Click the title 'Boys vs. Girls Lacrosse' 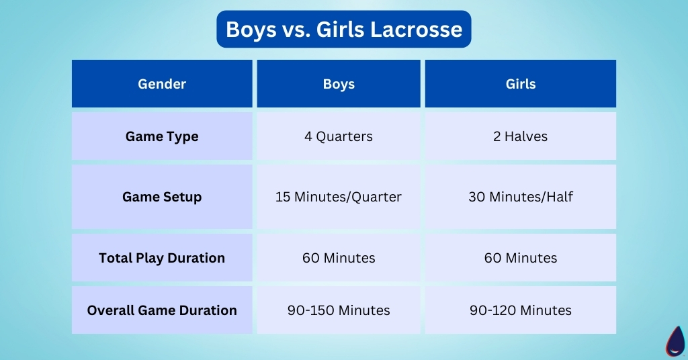[x=343, y=30]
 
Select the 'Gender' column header [x=162, y=84]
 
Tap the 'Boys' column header [x=339, y=84]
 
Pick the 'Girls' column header [x=520, y=84]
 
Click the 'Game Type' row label [x=162, y=136]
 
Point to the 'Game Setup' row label [x=162, y=197]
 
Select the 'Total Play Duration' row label [x=162, y=258]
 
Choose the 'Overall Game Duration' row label [x=162, y=310]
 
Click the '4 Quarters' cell [x=339, y=136]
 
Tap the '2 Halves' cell [x=520, y=136]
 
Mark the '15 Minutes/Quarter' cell [x=339, y=197]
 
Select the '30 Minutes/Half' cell [x=520, y=197]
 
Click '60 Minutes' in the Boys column [x=339, y=258]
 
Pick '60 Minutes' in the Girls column [x=520, y=258]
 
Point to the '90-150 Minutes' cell [x=339, y=310]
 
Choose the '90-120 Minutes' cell [x=520, y=310]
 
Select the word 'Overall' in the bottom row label [x=110, y=310]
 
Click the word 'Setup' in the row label [x=183, y=197]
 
